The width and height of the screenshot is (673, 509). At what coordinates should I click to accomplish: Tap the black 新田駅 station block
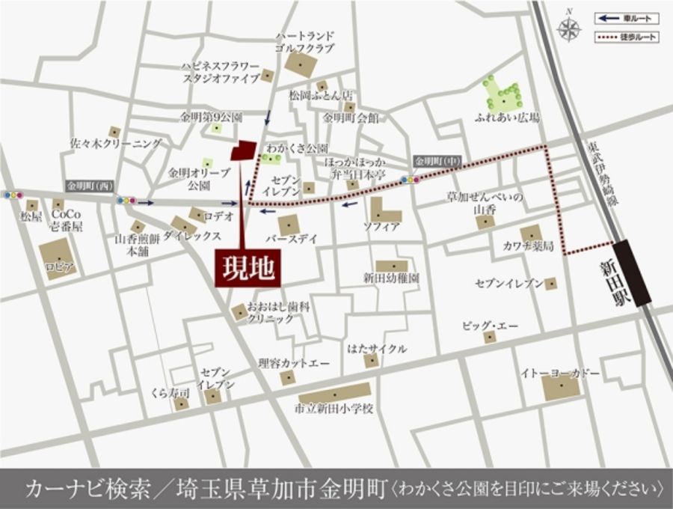pyautogui.click(x=632, y=273)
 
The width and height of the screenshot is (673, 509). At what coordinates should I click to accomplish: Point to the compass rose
pyautogui.click(x=570, y=29)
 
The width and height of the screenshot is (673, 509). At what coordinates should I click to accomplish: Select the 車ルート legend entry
pyautogui.click(x=627, y=18)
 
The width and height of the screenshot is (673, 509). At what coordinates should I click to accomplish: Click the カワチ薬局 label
pyautogui.click(x=528, y=246)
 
